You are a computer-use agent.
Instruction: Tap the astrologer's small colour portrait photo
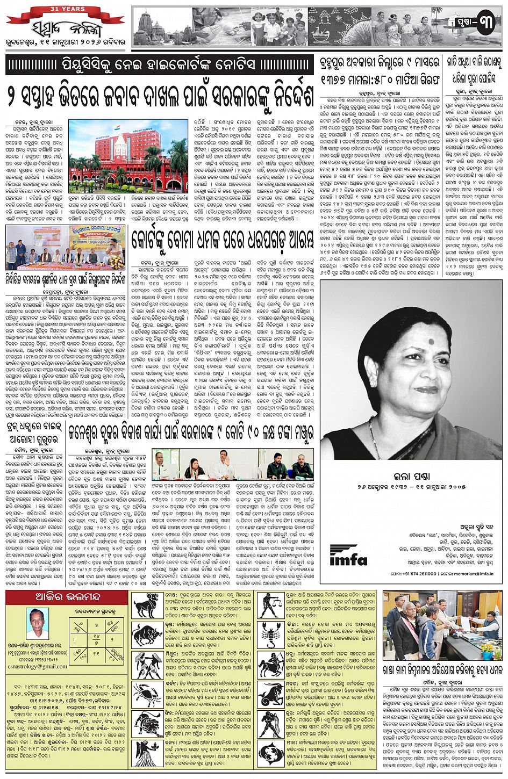point(37,623)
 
